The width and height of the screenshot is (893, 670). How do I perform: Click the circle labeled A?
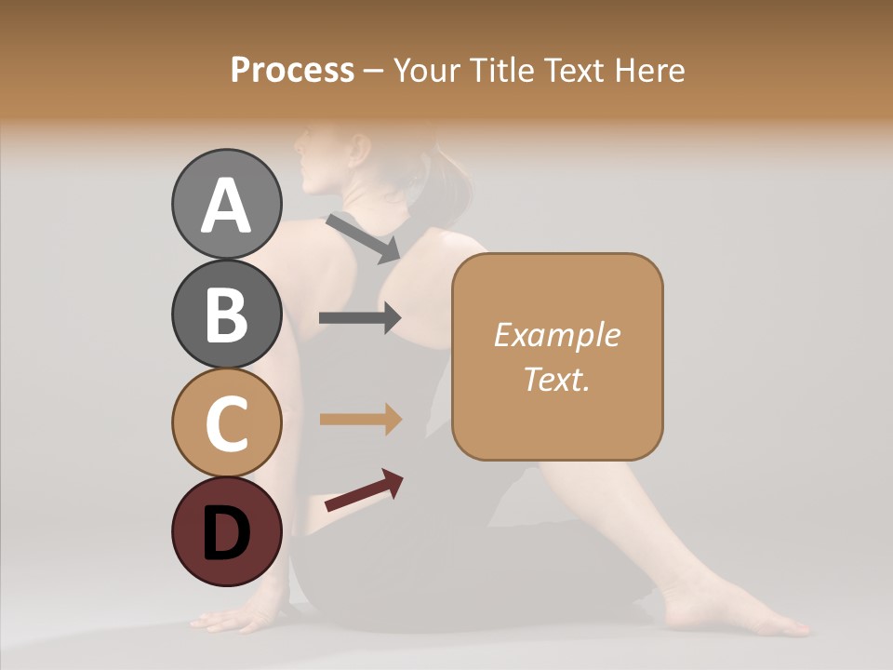(227, 205)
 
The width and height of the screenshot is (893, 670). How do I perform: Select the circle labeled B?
(227, 315)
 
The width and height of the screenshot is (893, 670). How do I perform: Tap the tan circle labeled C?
(227, 422)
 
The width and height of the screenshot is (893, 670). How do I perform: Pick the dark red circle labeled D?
(227, 531)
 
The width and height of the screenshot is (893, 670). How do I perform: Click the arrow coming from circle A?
(363, 238)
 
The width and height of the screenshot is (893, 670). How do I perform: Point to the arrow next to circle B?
(360, 318)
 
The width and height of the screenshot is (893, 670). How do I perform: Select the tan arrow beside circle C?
(360, 420)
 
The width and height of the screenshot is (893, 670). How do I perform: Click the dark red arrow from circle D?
(364, 490)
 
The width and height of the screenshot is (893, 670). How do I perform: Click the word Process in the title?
(292, 71)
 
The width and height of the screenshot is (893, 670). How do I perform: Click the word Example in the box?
(556, 335)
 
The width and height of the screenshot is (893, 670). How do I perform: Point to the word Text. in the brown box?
(556, 379)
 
